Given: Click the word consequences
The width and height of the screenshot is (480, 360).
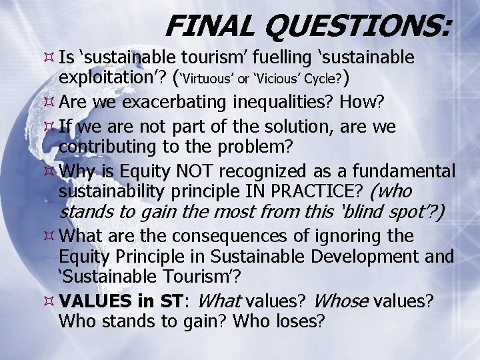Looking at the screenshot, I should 222,236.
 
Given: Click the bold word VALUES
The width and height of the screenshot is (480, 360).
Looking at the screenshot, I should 90,301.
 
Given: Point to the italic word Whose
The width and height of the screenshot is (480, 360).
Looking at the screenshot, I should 340,301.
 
